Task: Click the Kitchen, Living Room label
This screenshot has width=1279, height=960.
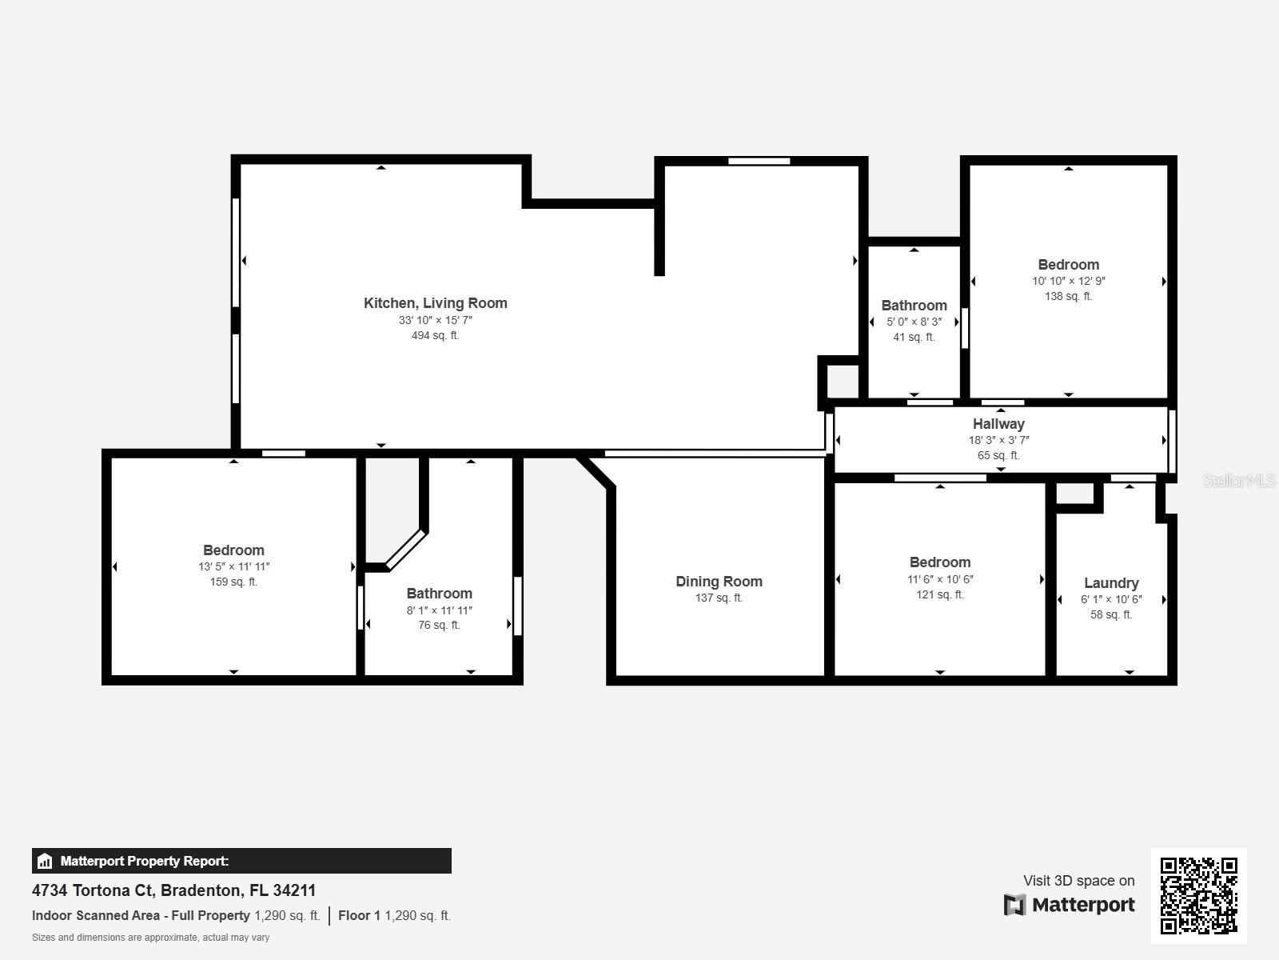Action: point(435,303)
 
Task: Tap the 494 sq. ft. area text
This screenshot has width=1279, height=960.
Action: point(435,335)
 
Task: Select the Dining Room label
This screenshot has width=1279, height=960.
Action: point(719,582)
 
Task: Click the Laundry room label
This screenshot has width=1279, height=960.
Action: point(1111,583)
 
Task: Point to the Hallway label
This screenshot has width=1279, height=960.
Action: point(998,424)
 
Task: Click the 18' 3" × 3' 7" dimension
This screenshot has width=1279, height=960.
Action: point(998,440)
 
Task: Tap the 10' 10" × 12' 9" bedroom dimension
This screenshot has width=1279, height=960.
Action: point(1068,281)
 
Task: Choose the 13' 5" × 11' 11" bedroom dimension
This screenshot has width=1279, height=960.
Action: point(233,566)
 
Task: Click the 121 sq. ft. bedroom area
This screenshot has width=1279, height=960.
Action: point(939,594)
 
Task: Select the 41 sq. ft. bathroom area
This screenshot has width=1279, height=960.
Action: point(914,337)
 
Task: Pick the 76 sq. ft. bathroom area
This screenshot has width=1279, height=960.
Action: point(439,625)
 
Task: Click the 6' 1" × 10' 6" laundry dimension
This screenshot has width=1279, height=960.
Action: point(1111,599)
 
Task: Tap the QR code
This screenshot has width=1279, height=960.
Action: point(1198,895)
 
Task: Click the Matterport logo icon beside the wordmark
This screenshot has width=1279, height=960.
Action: point(1014,905)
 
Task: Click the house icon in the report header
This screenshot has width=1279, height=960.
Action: point(45,861)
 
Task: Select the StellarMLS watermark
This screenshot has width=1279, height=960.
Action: point(1239,480)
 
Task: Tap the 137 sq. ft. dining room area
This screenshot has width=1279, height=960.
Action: point(719,598)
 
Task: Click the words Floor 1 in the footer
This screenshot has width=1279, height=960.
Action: point(359,915)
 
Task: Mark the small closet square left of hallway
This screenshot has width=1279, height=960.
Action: point(842,381)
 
